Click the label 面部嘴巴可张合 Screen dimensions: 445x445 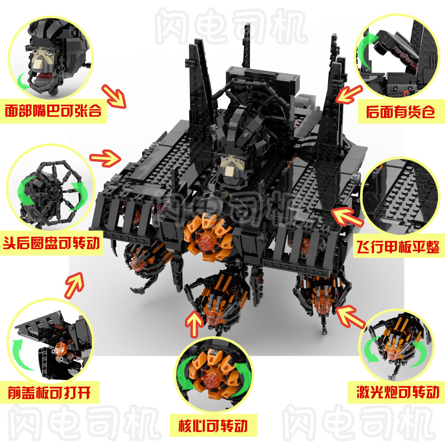[53, 111]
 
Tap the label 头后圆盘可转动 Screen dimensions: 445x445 [52, 243]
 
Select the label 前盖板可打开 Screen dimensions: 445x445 [49, 393]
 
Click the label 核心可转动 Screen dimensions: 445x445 [213, 426]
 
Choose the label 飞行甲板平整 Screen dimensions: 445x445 [398, 247]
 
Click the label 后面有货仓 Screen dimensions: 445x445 [400, 112]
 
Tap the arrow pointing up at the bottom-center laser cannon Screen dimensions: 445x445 [194, 324]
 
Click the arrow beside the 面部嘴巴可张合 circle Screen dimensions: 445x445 [114, 96]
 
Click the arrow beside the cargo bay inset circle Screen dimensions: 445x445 [349, 94]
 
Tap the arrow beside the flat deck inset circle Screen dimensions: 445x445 [347, 217]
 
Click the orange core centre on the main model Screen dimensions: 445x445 [204, 243]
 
